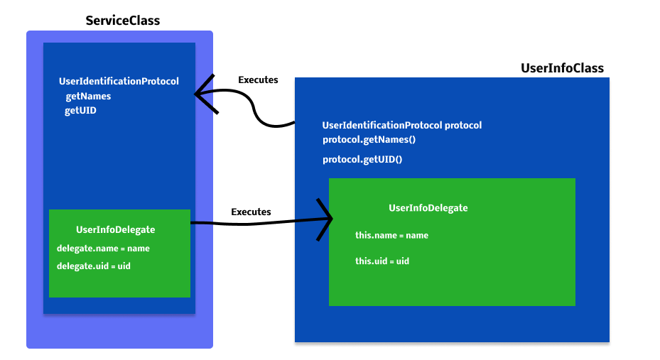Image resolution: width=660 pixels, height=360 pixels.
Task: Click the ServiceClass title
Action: click(122, 21)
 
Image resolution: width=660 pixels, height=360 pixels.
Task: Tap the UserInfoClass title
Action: click(562, 68)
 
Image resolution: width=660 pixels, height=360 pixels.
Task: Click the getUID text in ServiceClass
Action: click(80, 111)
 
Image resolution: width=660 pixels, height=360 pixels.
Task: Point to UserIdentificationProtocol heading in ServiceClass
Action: click(119, 82)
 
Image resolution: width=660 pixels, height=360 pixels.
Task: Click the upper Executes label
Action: click(258, 80)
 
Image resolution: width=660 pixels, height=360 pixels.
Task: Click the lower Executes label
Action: click(251, 212)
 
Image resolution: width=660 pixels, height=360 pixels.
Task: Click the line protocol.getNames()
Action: click(369, 139)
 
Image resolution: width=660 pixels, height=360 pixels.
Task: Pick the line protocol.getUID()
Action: click(362, 159)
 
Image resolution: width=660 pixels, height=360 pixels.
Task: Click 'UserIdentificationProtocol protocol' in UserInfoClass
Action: click(401, 125)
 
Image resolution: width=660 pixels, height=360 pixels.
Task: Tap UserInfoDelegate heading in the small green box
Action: click(115, 229)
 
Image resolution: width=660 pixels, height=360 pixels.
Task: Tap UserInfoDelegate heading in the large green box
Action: click(428, 208)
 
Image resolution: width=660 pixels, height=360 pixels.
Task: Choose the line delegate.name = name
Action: click(103, 249)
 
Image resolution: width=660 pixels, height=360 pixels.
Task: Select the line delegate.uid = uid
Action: click(93, 266)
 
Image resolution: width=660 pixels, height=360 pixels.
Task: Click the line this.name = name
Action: click(391, 235)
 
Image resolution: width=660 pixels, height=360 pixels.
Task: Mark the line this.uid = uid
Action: click(382, 261)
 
